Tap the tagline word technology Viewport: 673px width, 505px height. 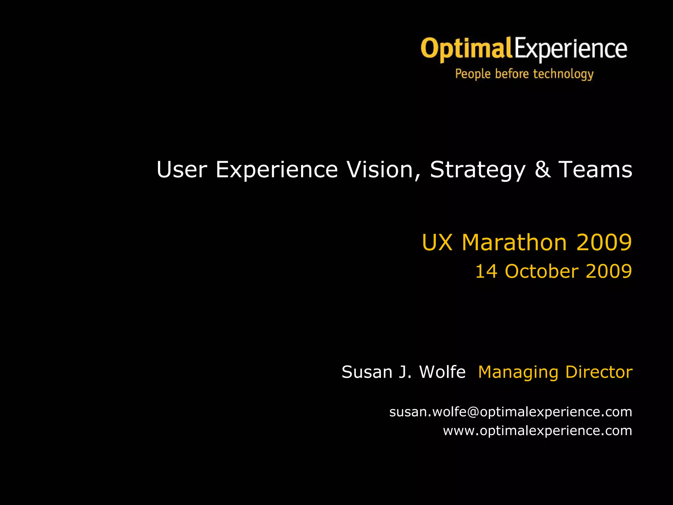pyautogui.click(x=563, y=74)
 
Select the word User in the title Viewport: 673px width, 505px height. pyautogui.click(x=182, y=170)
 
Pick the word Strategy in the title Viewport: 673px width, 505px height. pyautogui.click(x=477, y=170)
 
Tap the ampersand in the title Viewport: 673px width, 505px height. pyautogui.click(x=543, y=170)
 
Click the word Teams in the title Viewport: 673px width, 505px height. pyautogui.click(x=595, y=170)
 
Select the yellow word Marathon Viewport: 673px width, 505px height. pyautogui.click(x=514, y=242)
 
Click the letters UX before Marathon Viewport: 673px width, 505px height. pyautogui.click(x=437, y=242)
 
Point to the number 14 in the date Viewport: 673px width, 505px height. pyautogui.click(x=486, y=272)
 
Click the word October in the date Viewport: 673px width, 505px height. pyautogui.click(x=542, y=272)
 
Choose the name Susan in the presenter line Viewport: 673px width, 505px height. pyautogui.click(x=367, y=372)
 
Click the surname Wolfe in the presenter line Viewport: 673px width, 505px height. pyautogui.click(x=442, y=372)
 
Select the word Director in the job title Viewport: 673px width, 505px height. pyautogui.click(x=599, y=372)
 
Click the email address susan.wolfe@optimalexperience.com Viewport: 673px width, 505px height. pyautogui.click(x=511, y=412)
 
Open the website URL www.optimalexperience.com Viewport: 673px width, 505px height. pyautogui.click(x=537, y=431)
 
